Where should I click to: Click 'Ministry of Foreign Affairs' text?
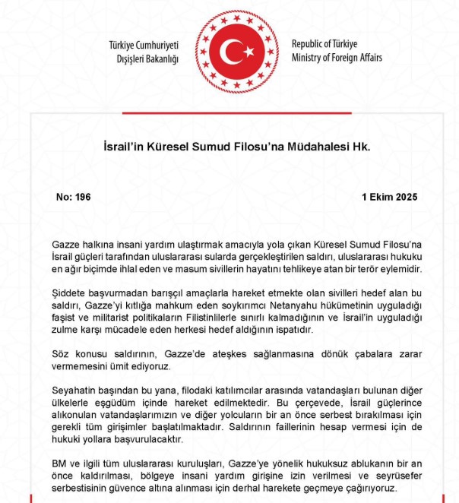point(337,58)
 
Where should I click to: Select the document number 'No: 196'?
point(74,196)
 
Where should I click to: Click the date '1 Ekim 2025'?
point(390,196)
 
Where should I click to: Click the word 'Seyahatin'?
point(75,388)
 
